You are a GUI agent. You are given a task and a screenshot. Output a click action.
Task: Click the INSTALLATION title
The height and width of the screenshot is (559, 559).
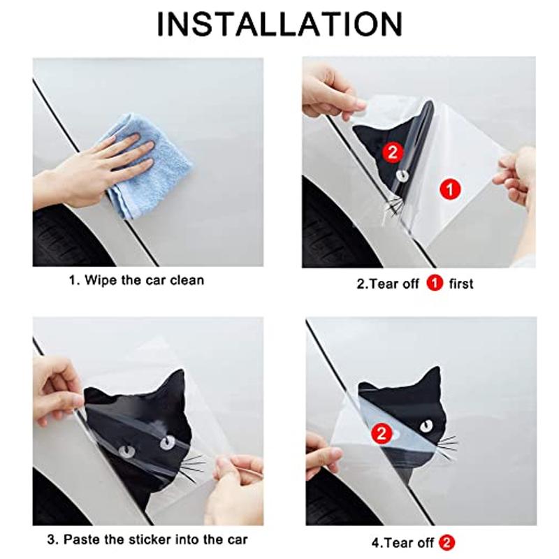tap(280, 24)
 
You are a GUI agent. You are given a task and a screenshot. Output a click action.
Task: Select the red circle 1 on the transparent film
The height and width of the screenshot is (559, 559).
tap(450, 189)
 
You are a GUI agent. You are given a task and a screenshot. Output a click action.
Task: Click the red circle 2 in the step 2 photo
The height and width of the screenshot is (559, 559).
tap(393, 152)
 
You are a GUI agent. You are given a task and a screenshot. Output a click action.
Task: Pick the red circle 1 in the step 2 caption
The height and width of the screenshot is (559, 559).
tap(435, 284)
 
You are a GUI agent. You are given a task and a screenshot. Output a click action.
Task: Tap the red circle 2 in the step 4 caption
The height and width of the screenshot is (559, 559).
tap(447, 543)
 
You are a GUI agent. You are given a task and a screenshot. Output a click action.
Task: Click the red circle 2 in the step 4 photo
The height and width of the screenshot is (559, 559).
tap(382, 433)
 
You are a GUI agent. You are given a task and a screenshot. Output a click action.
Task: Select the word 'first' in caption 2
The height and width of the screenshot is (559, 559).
tap(461, 284)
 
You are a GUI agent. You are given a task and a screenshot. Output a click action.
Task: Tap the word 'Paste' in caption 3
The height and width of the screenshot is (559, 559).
tap(82, 539)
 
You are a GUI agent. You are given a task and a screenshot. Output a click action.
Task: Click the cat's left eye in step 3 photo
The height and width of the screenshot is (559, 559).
tap(126, 451)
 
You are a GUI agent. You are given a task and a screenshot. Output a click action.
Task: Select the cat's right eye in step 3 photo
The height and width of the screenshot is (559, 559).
tap(167, 443)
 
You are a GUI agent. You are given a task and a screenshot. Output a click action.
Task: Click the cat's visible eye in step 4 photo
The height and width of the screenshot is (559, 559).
tap(426, 426)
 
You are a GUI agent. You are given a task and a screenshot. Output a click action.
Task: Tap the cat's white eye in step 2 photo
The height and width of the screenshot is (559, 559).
tap(403, 175)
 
